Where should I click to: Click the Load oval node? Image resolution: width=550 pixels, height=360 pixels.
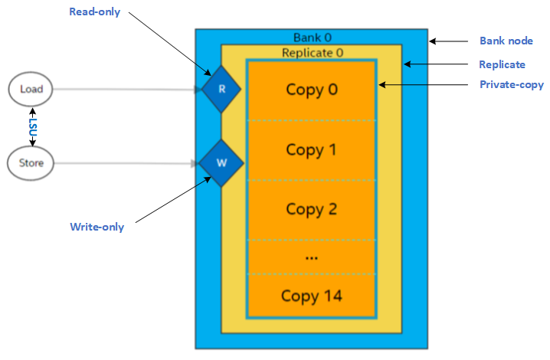coord(31,89)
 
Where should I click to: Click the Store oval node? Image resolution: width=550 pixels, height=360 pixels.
coord(31,162)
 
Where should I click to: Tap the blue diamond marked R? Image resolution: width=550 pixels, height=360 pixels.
coord(221,89)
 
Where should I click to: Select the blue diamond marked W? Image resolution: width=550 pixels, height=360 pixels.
coord(221,162)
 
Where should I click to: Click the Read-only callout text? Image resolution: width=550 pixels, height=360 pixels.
coord(95,12)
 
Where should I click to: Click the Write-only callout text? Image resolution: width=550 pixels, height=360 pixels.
coord(97,227)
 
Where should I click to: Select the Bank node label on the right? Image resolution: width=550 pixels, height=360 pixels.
coord(506,41)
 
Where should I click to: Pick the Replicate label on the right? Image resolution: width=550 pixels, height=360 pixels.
coord(502,64)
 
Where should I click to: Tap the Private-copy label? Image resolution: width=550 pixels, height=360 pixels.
coord(511,85)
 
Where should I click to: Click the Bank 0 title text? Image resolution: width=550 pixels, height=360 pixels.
coord(313,38)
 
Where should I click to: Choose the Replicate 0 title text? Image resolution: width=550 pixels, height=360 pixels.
coord(311,53)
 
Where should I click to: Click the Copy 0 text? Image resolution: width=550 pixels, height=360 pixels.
coord(311,89)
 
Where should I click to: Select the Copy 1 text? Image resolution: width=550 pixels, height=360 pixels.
coord(311,149)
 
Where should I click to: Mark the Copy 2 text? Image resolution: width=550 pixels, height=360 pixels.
coord(311,208)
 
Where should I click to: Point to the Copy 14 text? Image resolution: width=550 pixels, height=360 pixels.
coord(311,296)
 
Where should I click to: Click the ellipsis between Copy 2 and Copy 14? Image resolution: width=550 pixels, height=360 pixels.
coord(311,257)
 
